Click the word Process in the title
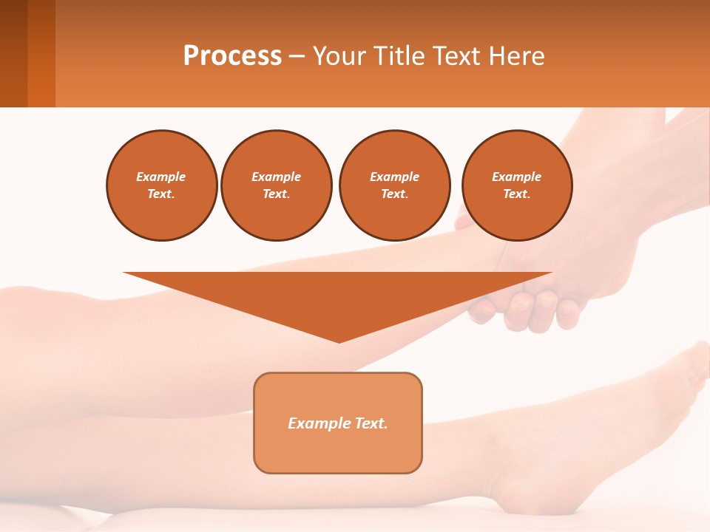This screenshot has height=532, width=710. [x=232, y=56]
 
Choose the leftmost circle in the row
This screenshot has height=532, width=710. [x=162, y=185]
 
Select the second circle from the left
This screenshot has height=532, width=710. [x=277, y=185]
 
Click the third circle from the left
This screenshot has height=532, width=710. [x=395, y=185]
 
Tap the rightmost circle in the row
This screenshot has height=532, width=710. [x=517, y=185]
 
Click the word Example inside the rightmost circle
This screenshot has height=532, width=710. [x=517, y=177]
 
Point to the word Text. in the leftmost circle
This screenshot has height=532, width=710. [x=161, y=194]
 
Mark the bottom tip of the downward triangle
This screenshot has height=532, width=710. [x=339, y=341]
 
